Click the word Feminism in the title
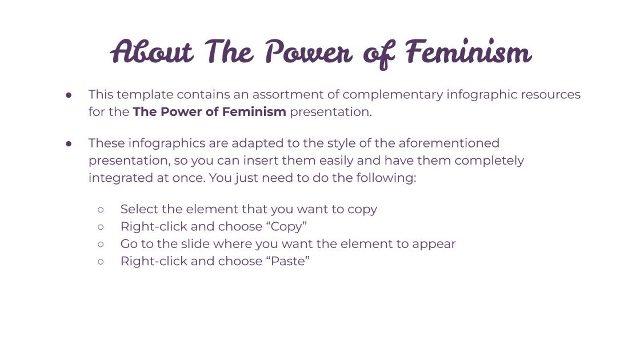pyautogui.click(x=469, y=53)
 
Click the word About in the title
pyautogui.click(x=152, y=53)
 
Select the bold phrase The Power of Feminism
pyautogui.click(x=209, y=112)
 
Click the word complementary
pyautogui.click(x=393, y=94)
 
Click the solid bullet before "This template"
pyautogui.click(x=68, y=95)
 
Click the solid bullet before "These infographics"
pyautogui.click(x=68, y=143)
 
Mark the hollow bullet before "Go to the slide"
pyautogui.click(x=101, y=245)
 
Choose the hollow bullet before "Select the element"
pyautogui.click(x=101, y=210)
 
